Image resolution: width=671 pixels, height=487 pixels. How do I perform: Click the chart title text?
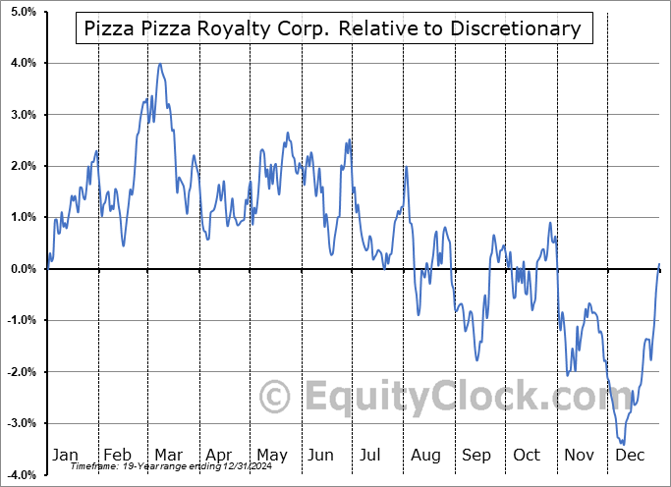[332, 28]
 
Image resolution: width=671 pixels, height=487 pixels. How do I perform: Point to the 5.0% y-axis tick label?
[22, 12]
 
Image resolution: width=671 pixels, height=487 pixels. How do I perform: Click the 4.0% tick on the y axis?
[22, 63]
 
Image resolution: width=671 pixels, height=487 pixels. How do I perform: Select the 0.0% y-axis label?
[22, 269]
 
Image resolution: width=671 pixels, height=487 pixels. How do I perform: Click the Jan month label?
[65, 455]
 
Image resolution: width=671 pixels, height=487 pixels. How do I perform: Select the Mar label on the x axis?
[168, 455]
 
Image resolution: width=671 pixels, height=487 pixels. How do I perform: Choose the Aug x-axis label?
[426, 455]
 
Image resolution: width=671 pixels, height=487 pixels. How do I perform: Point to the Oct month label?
[528, 455]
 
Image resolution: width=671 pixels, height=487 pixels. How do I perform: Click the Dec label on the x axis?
[631, 455]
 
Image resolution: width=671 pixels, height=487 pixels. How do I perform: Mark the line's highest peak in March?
[160, 65]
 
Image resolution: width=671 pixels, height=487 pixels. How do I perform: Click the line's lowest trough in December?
[623, 444]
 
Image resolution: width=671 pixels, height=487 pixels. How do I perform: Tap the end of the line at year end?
[658, 264]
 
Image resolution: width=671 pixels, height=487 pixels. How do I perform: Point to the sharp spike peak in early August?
[406, 168]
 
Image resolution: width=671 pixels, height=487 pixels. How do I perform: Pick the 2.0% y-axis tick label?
[22, 166]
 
